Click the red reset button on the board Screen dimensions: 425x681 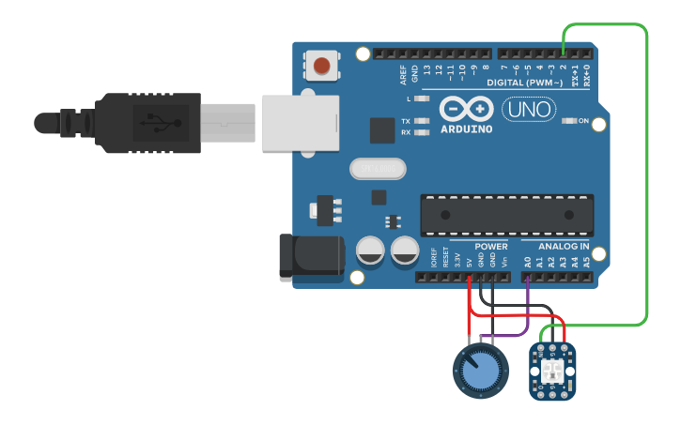[322, 66]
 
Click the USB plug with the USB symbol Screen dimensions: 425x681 [150, 122]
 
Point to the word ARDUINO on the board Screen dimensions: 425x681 [466, 129]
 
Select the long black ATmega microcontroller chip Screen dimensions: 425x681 [506, 215]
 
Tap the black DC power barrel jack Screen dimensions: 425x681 [311, 255]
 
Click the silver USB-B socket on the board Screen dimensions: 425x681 [299, 122]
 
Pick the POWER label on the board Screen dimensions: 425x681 [490, 247]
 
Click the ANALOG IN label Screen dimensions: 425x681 [564, 247]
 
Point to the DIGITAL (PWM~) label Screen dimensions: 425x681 [527, 83]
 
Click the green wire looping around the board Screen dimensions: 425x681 [647, 178]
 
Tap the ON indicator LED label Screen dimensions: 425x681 [583, 121]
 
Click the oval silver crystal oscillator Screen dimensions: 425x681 [379, 169]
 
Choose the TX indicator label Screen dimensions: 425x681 [406, 122]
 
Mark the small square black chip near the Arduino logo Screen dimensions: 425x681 [381, 129]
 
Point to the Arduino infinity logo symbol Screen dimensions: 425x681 [466, 109]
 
